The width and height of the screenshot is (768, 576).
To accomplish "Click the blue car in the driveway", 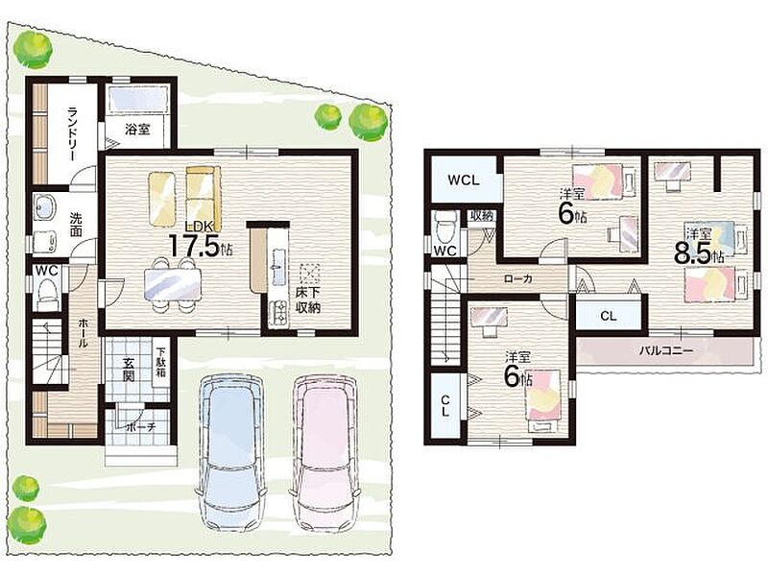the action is click(x=231, y=453).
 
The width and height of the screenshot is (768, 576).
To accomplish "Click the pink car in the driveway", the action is click(x=325, y=453).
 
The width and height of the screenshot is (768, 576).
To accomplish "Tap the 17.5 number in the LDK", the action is click(x=194, y=246).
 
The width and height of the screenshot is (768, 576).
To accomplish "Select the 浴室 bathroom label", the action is click(x=137, y=130).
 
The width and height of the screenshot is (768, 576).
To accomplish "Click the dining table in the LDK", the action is click(x=173, y=284).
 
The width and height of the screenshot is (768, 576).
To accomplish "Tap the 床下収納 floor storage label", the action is click(x=308, y=300).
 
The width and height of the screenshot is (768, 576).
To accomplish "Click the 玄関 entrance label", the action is click(x=129, y=370).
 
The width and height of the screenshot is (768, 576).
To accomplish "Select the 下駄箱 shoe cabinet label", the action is click(x=161, y=362).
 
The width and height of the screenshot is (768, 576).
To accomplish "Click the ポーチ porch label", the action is click(x=141, y=426).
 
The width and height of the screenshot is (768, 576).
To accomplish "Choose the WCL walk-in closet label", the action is click(x=464, y=180).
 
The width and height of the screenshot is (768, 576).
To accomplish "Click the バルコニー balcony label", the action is click(x=665, y=350).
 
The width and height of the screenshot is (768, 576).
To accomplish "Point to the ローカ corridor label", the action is click(x=518, y=279).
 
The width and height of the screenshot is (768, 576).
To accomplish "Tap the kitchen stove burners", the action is click(x=279, y=313).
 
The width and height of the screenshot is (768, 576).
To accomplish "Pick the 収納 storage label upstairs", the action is click(x=482, y=215).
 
